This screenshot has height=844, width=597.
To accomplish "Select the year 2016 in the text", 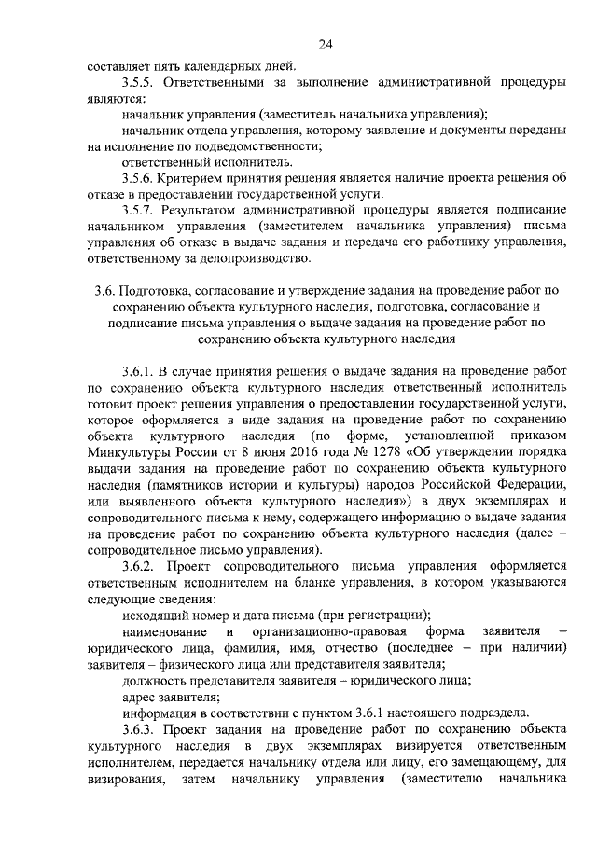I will [264, 452].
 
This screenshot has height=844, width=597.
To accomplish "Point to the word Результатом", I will [205, 210].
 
